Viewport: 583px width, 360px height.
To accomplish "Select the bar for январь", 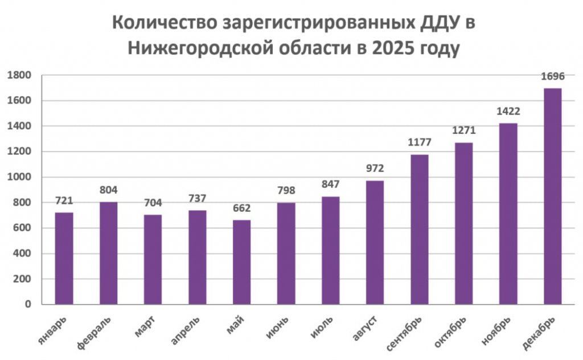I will coord(64,259).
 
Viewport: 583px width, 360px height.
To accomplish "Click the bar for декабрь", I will coord(552,197).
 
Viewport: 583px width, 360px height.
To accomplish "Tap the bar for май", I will coord(241,262).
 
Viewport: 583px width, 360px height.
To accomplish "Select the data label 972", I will coord(375,169).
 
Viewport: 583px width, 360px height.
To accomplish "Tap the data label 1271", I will coord(463,130).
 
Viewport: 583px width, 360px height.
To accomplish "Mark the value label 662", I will coord(241,208).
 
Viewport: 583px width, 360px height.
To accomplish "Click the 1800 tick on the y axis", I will coord(19,75).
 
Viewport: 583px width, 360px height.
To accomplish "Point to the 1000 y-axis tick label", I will coord(19,177).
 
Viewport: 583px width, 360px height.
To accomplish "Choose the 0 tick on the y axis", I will coord(27,305).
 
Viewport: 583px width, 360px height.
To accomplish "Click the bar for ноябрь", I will coord(508,214).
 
